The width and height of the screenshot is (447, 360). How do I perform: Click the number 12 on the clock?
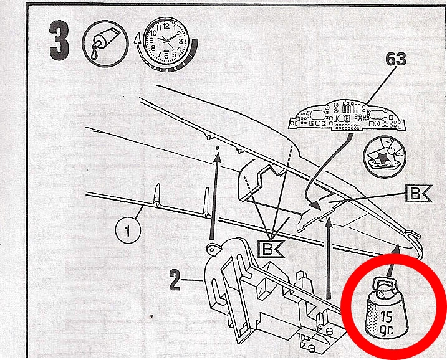coord(166,26)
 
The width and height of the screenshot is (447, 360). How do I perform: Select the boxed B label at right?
coord(415,194)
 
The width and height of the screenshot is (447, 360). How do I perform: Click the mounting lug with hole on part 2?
coord(213,250)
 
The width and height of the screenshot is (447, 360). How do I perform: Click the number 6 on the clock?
coord(166,55)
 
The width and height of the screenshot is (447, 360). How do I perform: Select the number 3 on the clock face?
coord(180,40)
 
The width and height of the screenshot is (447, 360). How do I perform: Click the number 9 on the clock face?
coord(151,40)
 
